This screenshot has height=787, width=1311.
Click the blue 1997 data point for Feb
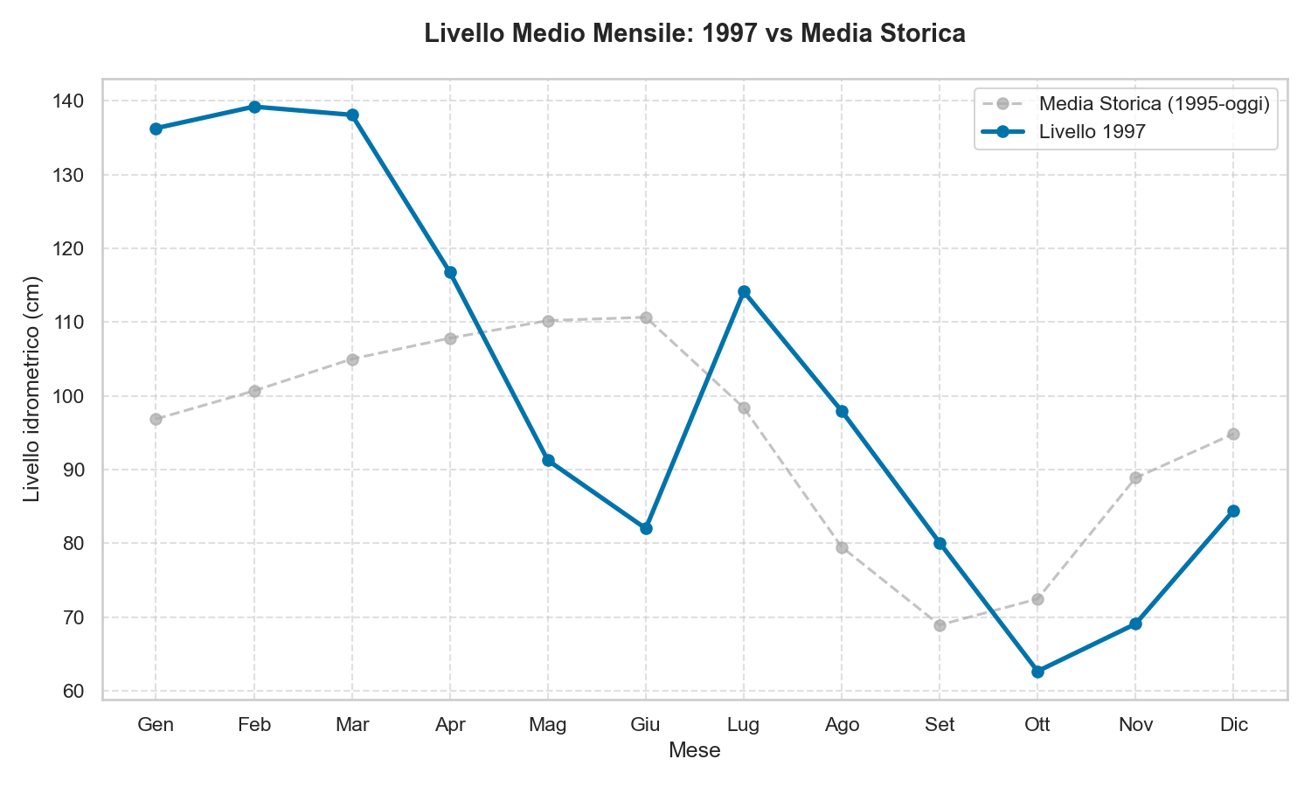click(254, 107)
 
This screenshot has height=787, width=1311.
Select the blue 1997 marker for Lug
click(744, 291)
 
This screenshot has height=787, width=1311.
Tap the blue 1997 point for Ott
click(1037, 672)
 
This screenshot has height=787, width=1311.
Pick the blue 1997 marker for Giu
click(646, 528)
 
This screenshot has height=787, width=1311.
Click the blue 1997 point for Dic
click(1233, 511)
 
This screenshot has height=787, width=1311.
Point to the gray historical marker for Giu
click(646, 317)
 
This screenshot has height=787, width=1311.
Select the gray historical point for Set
click(940, 625)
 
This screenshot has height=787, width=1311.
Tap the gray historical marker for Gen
click(156, 419)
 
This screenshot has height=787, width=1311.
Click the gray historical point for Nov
click(1135, 477)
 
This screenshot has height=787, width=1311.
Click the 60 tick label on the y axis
click(74, 692)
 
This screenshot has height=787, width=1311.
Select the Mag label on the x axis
click(548, 725)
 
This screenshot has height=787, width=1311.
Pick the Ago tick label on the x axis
click(842, 725)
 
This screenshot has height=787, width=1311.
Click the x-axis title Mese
click(694, 750)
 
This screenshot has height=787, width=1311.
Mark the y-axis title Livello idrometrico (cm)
click(31, 389)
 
